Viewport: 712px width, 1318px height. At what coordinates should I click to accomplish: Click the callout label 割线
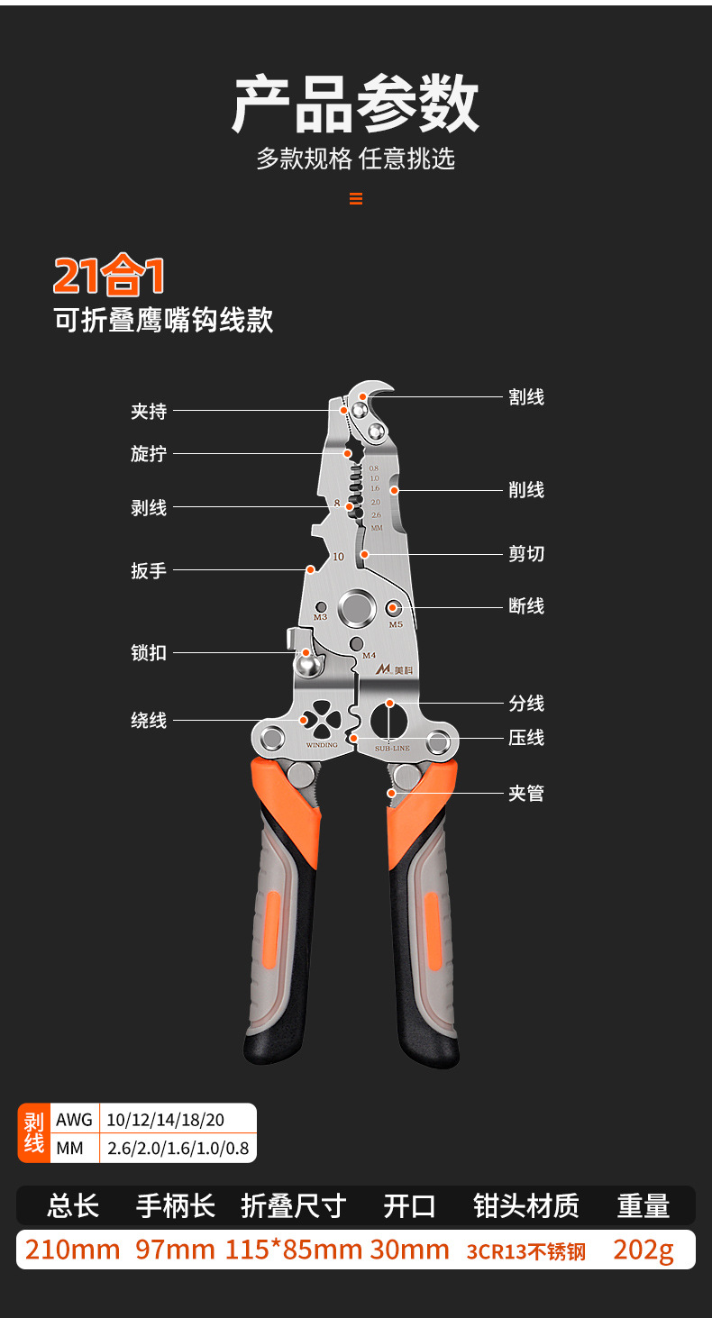[526, 397]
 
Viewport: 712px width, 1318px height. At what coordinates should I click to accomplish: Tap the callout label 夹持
[149, 412]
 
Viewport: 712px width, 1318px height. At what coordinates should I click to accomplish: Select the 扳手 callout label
[149, 571]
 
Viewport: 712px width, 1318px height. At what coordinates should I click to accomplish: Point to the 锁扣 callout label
[149, 653]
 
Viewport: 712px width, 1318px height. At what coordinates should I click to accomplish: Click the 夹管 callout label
[526, 794]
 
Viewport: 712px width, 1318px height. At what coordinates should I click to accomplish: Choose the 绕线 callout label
[149, 721]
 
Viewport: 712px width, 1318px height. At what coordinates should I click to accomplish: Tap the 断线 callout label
[526, 606]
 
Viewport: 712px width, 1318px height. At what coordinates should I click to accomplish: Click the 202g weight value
[643, 1250]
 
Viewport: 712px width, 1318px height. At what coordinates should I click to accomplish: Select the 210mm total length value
[72, 1250]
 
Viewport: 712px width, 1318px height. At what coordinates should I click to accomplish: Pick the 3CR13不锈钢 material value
[525, 1251]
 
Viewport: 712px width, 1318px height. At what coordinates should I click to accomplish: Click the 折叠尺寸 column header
[294, 1205]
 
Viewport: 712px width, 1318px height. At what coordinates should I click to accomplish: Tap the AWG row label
[74, 1120]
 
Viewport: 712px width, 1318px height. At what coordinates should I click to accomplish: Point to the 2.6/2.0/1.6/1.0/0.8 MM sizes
[178, 1149]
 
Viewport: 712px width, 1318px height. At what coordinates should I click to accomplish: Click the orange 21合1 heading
[109, 276]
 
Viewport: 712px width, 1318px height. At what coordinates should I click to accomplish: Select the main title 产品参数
[355, 105]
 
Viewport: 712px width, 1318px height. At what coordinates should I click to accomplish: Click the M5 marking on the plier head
[396, 623]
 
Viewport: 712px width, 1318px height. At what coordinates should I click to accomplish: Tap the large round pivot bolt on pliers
[357, 608]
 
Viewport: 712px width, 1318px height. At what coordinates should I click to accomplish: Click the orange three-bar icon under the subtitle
[356, 199]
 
